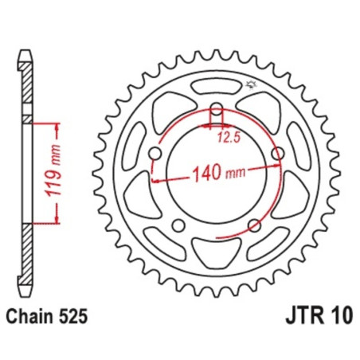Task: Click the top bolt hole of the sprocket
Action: click(215, 109)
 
